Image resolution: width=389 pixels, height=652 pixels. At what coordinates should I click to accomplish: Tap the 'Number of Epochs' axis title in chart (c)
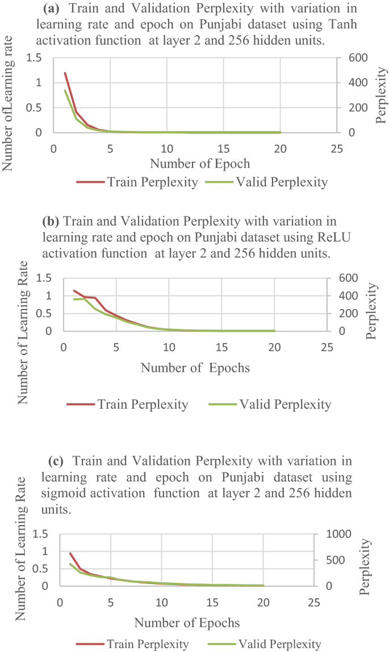coord(187,623)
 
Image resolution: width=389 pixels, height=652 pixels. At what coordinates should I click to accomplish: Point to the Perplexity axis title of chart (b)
coord(371,311)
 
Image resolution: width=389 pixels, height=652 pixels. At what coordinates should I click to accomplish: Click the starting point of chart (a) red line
coord(65,73)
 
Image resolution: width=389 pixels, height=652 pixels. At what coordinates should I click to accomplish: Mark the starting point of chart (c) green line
coord(70,564)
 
